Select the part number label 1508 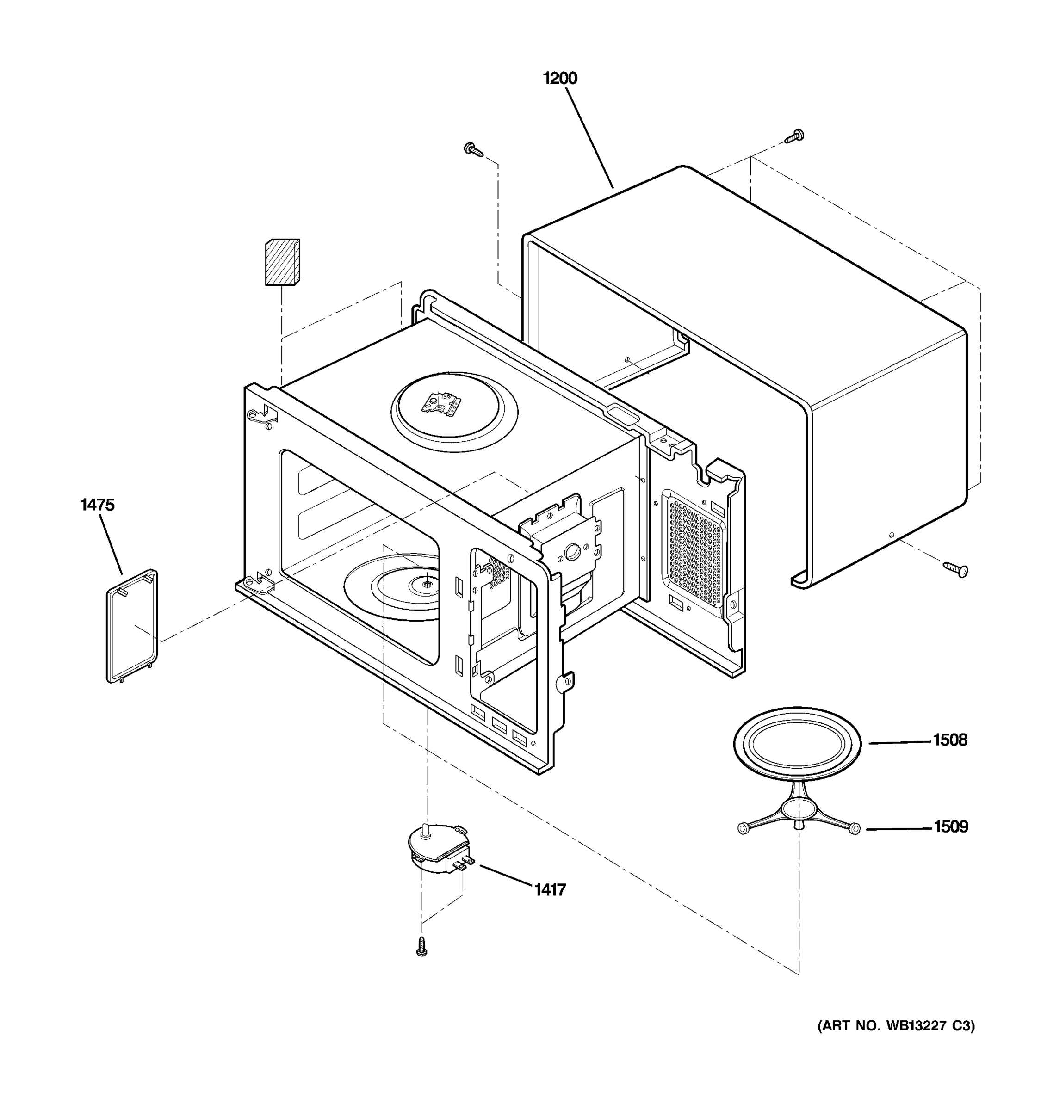click(x=950, y=740)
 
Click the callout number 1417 click(x=550, y=889)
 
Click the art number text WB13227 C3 click(x=896, y=1026)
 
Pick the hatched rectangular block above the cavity click(x=282, y=262)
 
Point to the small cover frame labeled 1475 click(x=132, y=626)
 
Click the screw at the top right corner click(x=795, y=136)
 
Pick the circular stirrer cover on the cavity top click(x=454, y=412)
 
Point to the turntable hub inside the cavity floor click(x=426, y=584)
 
